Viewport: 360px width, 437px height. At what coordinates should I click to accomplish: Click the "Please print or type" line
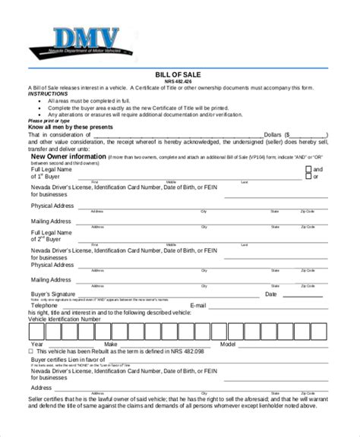click(x=49, y=120)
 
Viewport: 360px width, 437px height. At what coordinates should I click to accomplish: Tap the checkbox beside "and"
click(x=308, y=169)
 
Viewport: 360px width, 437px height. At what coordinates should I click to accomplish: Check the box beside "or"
click(x=308, y=176)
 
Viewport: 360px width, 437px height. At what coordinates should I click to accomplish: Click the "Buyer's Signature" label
click(x=54, y=294)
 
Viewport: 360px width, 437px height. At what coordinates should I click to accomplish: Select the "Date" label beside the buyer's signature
click(x=270, y=294)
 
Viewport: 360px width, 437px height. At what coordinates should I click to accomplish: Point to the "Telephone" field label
click(x=45, y=306)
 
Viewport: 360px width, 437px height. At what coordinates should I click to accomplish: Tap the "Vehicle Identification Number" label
click(x=65, y=319)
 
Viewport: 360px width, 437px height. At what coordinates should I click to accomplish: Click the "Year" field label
click(x=36, y=344)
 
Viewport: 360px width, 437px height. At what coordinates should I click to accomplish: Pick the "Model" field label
click(x=228, y=344)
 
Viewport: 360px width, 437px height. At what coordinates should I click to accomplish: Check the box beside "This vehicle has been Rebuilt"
click(x=31, y=351)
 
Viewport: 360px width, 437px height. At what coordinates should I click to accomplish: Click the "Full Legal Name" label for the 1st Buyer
click(x=52, y=168)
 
